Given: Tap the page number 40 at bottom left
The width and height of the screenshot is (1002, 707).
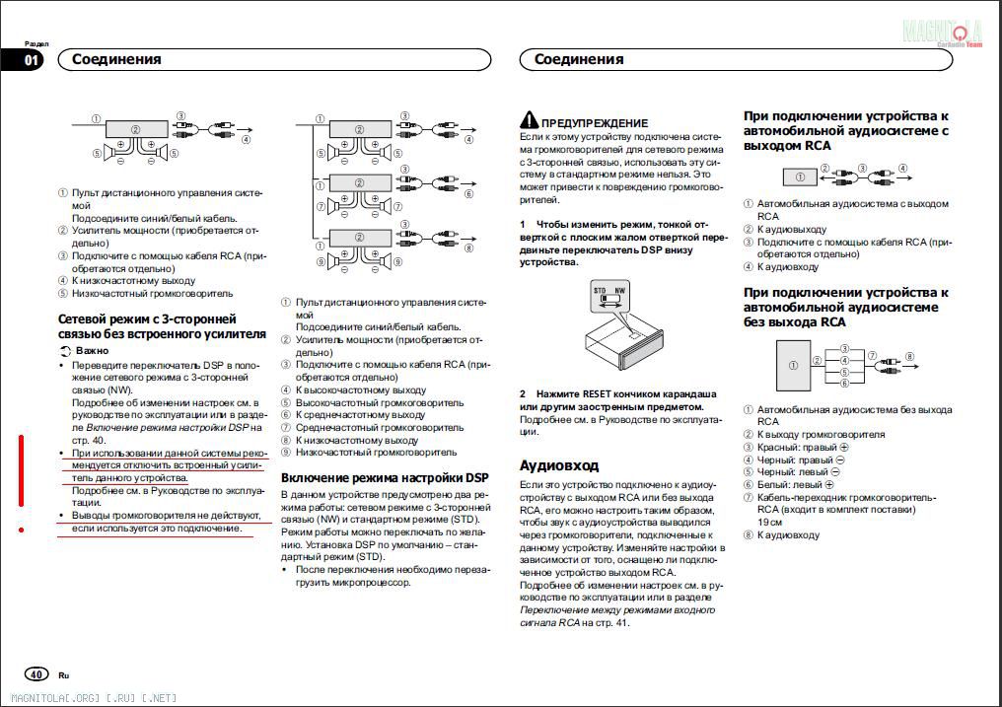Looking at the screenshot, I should (36, 674).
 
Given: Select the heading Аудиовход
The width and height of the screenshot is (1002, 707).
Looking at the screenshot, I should (559, 465).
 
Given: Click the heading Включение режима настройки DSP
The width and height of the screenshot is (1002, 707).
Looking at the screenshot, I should (385, 477).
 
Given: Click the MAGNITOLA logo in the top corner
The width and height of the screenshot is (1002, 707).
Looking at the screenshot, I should (942, 33).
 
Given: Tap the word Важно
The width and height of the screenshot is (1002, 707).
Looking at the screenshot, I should (92, 350).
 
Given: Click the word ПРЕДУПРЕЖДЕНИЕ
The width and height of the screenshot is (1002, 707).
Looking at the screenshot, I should (595, 122).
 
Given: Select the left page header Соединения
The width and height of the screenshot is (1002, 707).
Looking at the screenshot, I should (116, 59).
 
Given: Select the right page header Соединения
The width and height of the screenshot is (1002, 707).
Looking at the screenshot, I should (579, 59).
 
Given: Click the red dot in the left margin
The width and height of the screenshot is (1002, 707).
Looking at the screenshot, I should (22, 530).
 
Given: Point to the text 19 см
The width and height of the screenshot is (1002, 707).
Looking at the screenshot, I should (771, 522).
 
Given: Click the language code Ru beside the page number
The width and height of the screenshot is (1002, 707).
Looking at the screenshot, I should (64, 675).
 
